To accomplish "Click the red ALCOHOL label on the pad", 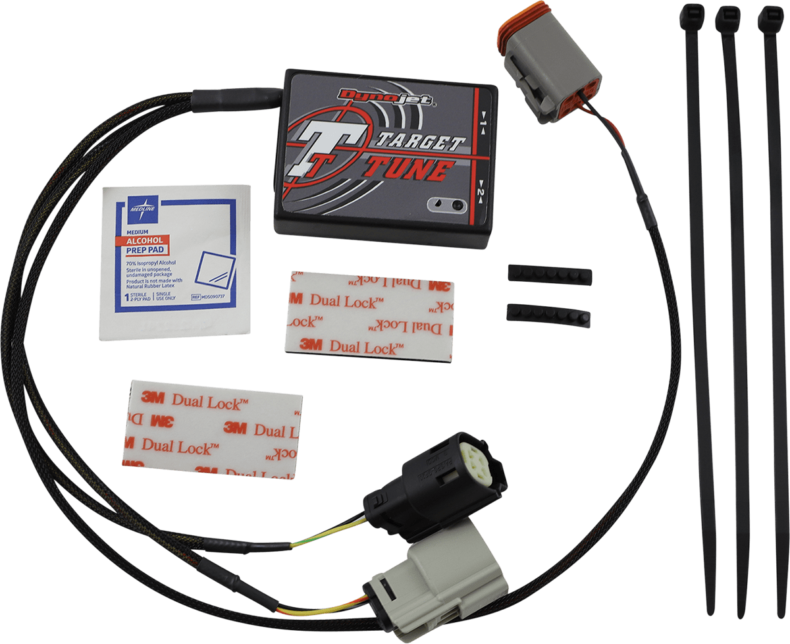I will pyautogui.click(x=146, y=240).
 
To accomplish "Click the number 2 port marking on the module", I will pyautogui.click(x=481, y=192).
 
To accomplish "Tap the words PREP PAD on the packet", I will pyautogui.click(x=146, y=250).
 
